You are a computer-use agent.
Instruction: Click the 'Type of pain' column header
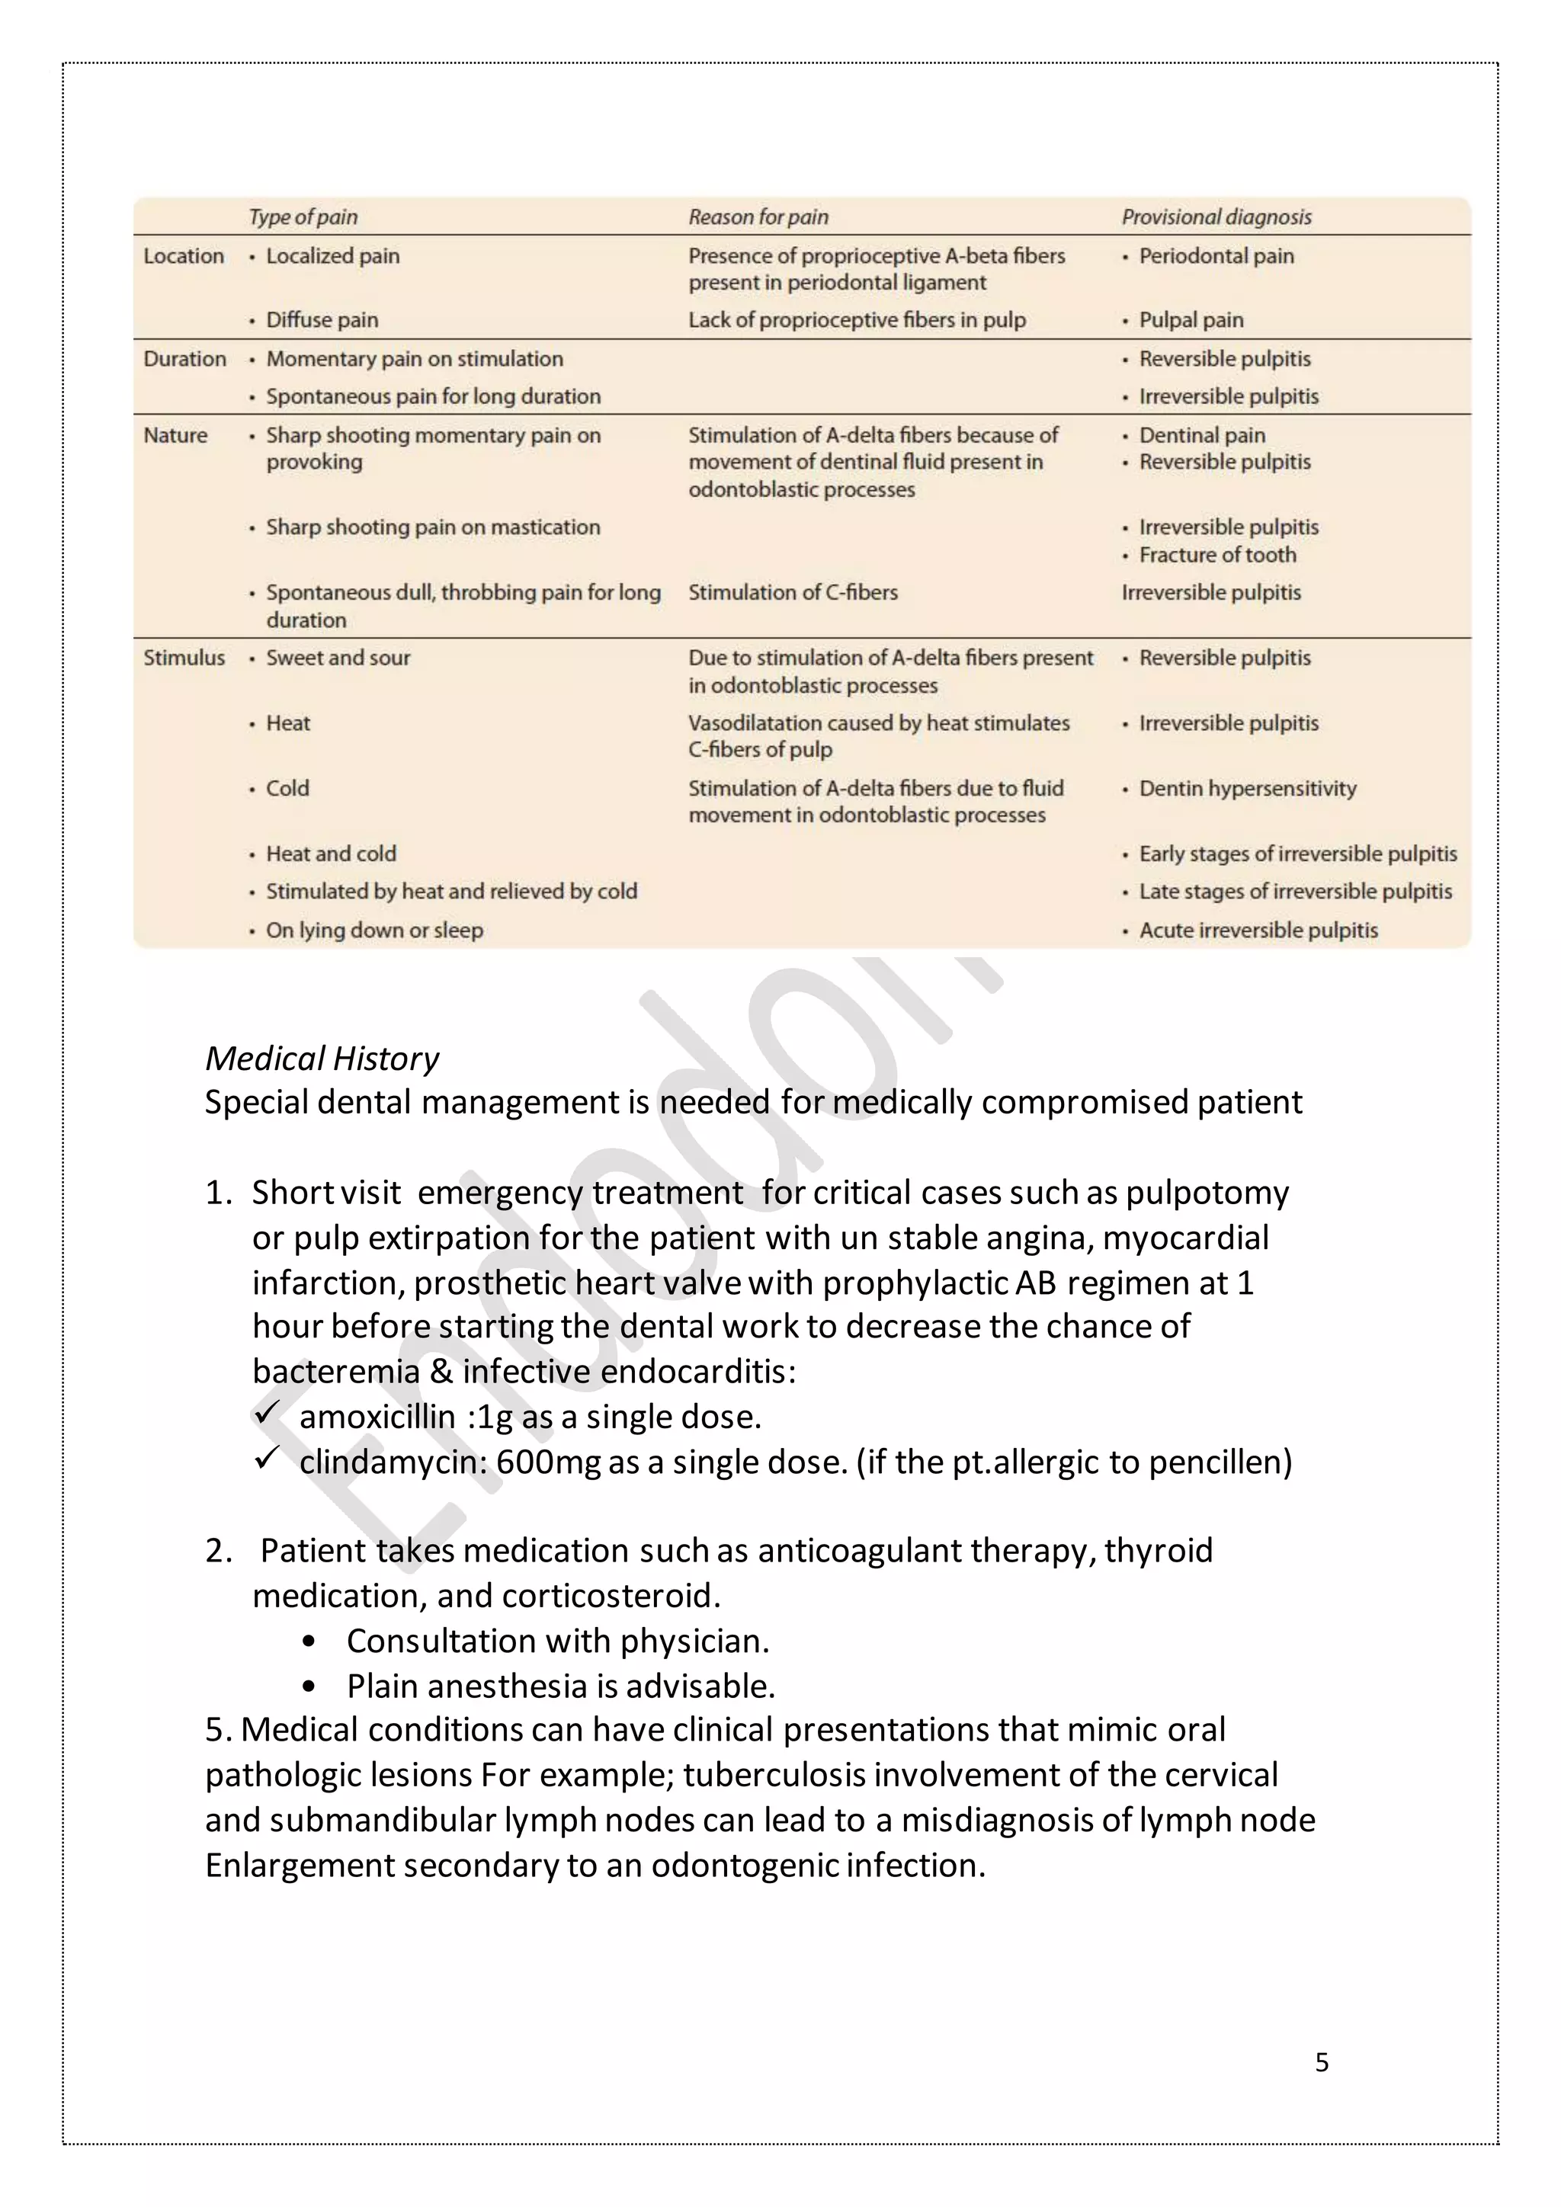pyautogui.click(x=303, y=217)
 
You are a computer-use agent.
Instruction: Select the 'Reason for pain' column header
pyautogui.click(x=758, y=217)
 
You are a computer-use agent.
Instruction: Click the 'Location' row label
pyautogui.click(x=184, y=256)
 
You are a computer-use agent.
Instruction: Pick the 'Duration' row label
pyautogui.click(x=184, y=358)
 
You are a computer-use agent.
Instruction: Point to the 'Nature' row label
pyautogui.click(x=175, y=435)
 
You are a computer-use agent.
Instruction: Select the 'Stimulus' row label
pyautogui.click(x=184, y=658)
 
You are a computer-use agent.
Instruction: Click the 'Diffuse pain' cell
pyautogui.click(x=322, y=319)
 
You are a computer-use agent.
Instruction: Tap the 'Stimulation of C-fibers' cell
pyautogui.click(x=792, y=592)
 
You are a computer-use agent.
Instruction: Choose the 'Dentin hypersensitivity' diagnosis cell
pyautogui.click(x=1247, y=788)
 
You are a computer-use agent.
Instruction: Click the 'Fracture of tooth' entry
pyautogui.click(x=1217, y=555)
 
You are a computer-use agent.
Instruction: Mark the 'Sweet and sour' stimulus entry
pyautogui.click(x=338, y=658)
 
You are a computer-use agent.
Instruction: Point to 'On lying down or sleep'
pyautogui.click(x=374, y=930)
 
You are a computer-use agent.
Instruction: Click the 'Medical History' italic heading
pyautogui.click(x=321, y=1059)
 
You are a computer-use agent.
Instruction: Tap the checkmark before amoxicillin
pyautogui.click(x=266, y=1413)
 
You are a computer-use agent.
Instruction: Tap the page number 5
pyautogui.click(x=1322, y=2062)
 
